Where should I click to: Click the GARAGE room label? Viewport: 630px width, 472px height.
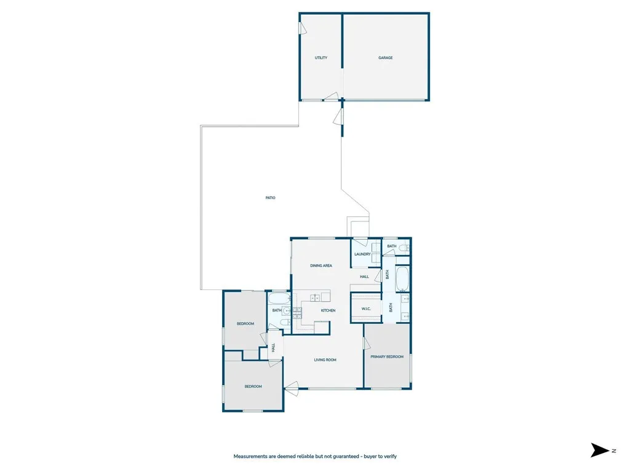click(385, 58)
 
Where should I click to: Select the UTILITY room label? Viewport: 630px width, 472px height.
click(321, 58)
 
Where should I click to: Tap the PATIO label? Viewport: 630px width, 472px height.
click(270, 198)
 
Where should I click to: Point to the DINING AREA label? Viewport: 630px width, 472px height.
click(321, 265)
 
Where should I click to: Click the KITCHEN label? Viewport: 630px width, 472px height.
click(328, 310)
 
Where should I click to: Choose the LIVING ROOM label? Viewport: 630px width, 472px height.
click(325, 360)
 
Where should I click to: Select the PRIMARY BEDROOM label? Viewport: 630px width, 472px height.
click(386, 356)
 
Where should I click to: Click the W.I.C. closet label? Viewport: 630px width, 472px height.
click(365, 309)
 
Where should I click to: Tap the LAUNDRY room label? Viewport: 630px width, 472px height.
click(362, 254)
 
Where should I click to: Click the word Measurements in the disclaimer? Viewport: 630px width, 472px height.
click(250, 457)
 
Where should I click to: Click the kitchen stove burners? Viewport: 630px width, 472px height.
click(297, 312)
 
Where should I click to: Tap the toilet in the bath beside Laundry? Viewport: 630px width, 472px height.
click(403, 248)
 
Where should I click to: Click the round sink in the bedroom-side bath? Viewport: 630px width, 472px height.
click(287, 311)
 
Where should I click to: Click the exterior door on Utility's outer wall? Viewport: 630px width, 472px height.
click(303, 28)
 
